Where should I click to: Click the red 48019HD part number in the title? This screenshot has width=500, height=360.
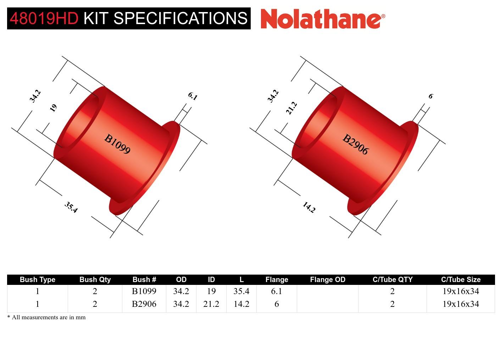pyautogui.click(x=44, y=18)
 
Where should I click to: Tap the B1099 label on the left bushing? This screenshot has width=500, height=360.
pyautogui.click(x=117, y=144)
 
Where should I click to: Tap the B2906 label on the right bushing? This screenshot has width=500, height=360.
pyautogui.click(x=355, y=144)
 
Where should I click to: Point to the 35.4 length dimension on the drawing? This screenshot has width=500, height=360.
pyautogui.click(x=71, y=207)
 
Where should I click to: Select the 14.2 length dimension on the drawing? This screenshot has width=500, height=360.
pyautogui.click(x=309, y=207)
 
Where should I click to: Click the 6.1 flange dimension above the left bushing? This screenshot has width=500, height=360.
pyautogui.click(x=192, y=96)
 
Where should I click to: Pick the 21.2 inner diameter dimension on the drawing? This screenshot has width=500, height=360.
pyautogui.click(x=291, y=108)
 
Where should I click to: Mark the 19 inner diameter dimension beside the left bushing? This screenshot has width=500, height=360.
pyautogui.click(x=53, y=108)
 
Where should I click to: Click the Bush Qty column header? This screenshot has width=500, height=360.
pyautogui.click(x=95, y=280)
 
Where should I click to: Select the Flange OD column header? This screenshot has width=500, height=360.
pyautogui.click(x=327, y=280)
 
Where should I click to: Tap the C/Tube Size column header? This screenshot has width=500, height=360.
pyautogui.click(x=461, y=280)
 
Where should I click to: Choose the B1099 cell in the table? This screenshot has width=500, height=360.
pyautogui.click(x=144, y=291)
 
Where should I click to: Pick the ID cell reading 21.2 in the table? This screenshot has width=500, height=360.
pyautogui.click(x=211, y=304)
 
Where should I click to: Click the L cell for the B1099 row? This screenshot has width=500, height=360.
pyautogui.click(x=241, y=291)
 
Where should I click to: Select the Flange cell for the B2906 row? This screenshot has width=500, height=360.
pyautogui.click(x=277, y=304)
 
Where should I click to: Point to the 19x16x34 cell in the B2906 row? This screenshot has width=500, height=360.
pyautogui.click(x=461, y=304)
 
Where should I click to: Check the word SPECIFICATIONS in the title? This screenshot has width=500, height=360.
pyautogui.click(x=183, y=18)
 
